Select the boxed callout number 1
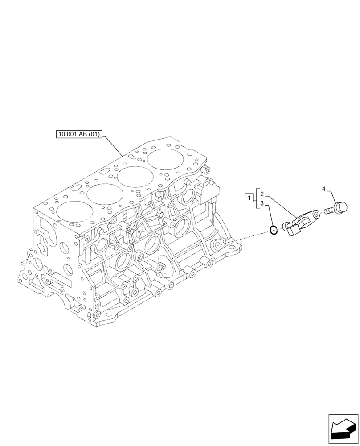click(248, 197)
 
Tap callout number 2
click(262, 194)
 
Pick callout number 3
click(262, 203)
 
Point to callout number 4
click(324, 190)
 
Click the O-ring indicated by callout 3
click(274, 230)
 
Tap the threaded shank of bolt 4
click(330, 209)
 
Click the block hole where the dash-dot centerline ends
click(219, 245)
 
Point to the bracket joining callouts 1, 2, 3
click(256, 199)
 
